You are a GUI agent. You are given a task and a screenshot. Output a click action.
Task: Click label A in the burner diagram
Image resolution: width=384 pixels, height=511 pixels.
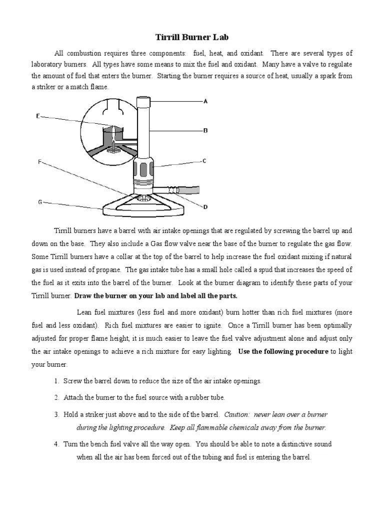point(205,101)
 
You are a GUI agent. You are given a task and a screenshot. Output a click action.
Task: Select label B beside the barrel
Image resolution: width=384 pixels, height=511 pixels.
point(205,131)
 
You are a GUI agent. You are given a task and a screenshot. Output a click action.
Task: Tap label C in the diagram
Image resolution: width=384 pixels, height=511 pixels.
point(204,161)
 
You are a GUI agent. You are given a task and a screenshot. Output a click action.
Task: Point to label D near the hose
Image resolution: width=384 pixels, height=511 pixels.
point(205,207)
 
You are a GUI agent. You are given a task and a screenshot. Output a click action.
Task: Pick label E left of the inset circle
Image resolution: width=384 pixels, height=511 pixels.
point(37,116)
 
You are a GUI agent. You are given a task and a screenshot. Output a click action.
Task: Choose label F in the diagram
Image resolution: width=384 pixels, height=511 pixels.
point(39,162)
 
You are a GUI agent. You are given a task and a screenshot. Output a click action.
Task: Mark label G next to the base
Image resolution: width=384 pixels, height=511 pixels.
point(39,202)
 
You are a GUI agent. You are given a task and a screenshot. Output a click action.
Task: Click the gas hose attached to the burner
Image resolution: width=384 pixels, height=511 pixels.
point(185,190)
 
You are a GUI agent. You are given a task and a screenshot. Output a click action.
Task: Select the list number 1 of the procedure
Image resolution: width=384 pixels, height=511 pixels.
point(56,381)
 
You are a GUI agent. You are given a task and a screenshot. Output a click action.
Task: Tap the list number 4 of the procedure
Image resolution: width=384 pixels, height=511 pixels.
point(56,444)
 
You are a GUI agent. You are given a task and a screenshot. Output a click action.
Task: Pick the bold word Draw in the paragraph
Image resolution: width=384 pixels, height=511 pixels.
point(83,295)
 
